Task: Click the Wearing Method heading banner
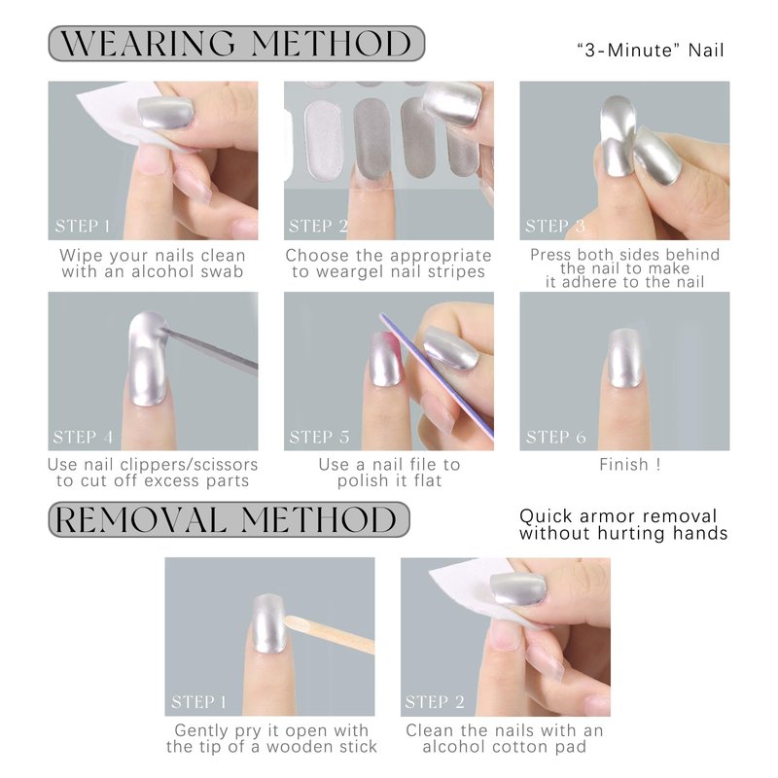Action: pos(236,44)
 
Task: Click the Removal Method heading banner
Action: pos(229,519)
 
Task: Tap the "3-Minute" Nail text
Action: pos(651,51)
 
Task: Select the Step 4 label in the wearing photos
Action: pos(83,437)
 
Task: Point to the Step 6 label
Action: pos(555,437)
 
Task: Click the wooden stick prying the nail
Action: pos(330,634)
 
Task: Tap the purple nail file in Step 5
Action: pos(437,375)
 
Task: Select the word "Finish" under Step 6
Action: pos(623,465)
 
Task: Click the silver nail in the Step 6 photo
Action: pos(624,358)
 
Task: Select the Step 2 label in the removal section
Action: pos(435,701)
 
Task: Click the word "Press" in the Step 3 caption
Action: pos(548,255)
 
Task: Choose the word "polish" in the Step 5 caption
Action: pos(363,480)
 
